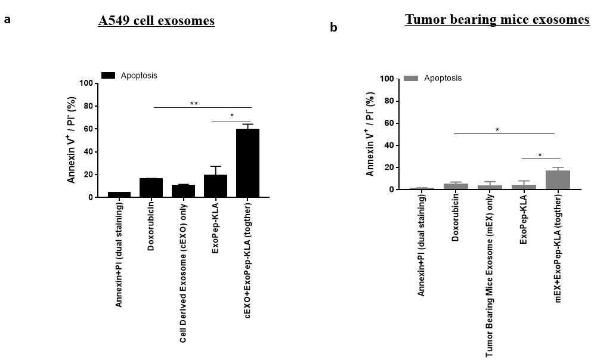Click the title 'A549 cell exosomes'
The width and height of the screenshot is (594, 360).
(x=156, y=20)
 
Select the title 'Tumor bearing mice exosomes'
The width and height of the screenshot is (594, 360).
(x=497, y=19)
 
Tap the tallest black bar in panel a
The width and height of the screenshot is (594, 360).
(x=247, y=163)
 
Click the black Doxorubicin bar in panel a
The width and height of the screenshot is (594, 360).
(x=151, y=188)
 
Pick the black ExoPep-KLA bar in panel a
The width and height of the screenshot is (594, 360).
(x=215, y=186)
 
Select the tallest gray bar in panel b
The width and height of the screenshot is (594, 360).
(x=558, y=180)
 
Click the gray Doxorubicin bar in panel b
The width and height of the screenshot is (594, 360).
(x=456, y=186)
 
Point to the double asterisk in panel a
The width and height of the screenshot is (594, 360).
(x=194, y=104)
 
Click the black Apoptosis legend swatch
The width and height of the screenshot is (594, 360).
(x=108, y=75)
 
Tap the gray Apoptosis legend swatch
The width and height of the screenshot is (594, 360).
(x=411, y=78)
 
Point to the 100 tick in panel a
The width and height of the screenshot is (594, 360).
(x=86, y=83)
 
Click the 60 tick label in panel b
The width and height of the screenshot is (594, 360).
(x=389, y=123)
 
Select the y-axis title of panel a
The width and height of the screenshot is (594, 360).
(x=72, y=140)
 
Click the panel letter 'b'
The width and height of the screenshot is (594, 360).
(x=333, y=27)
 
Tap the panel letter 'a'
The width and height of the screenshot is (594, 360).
(x=7, y=19)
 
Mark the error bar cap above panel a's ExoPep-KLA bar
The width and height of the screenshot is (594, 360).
(x=215, y=166)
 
